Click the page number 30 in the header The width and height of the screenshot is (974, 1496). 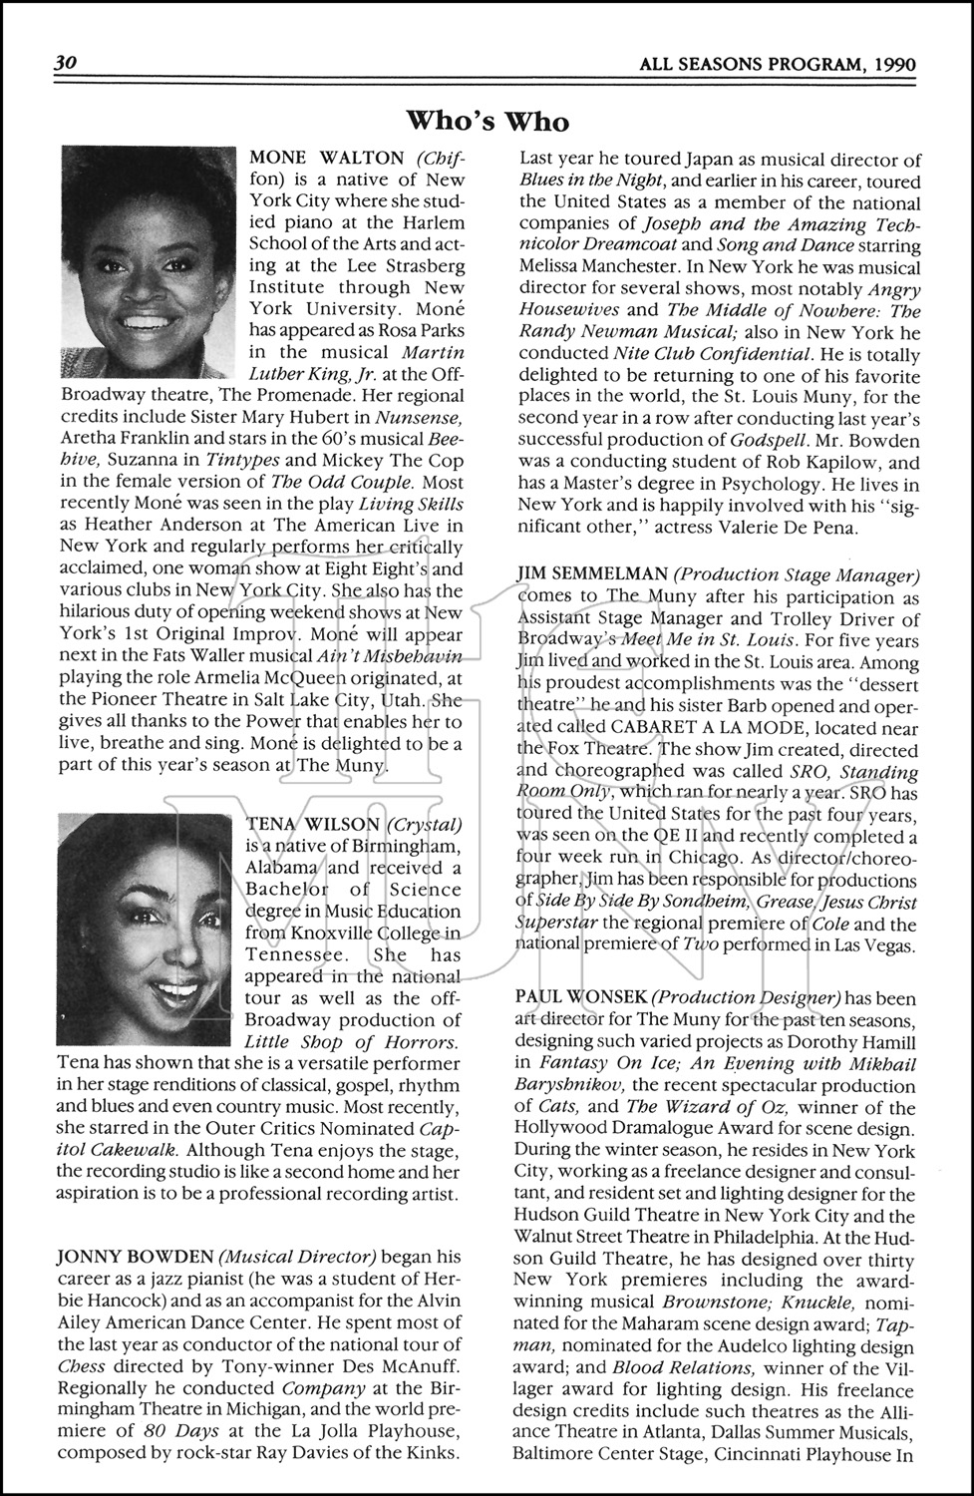[66, 62]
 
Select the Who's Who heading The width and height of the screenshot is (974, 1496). [487, 121]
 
